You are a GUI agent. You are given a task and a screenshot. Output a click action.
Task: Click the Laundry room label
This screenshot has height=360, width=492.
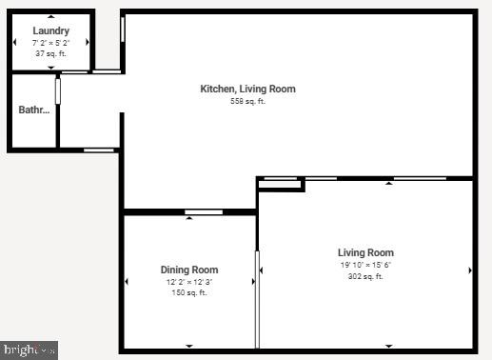point(51,31)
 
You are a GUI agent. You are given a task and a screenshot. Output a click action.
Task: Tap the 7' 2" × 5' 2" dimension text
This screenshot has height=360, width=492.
point(51,43)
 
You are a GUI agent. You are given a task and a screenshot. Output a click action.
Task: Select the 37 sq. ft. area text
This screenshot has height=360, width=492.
point(51,53)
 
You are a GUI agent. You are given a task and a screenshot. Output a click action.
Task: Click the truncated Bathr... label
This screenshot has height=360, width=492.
point(34,110)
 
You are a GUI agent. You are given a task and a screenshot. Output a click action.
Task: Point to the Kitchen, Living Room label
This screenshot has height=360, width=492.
point(247,89)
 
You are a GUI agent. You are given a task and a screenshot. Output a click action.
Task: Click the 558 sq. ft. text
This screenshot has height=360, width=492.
point(247,101)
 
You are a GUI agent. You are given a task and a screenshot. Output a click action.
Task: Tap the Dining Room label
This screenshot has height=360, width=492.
point(189,270)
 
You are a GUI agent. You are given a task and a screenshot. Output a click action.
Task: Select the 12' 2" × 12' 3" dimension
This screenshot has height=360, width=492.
point(189,282)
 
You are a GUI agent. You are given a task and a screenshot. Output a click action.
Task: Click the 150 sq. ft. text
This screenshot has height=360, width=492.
point(189,292)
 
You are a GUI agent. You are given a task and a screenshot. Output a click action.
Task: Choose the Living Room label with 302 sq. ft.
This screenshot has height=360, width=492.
point(365,252)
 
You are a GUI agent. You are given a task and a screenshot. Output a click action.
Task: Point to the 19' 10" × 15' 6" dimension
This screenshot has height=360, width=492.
point(365,265)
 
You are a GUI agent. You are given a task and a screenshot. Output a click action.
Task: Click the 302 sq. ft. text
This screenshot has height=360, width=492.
point(365,276)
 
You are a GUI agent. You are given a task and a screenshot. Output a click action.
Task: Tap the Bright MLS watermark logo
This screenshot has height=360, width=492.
point(30,350)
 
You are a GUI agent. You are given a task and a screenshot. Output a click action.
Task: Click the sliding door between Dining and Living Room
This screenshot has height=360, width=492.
point(257,298)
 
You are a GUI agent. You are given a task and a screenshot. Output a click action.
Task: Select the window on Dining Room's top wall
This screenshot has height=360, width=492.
point(204,211)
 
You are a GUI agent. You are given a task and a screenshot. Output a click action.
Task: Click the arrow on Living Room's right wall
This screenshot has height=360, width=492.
point(470,270)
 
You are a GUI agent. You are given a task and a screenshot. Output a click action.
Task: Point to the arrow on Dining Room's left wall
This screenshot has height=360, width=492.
point(128,281)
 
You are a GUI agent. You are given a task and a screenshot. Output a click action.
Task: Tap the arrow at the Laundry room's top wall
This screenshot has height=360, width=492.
point(51,16)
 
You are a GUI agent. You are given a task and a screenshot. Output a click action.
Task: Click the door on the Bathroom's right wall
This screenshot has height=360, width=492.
point(58,90)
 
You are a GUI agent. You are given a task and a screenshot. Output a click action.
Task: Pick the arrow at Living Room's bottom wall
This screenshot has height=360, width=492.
point(388,346)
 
